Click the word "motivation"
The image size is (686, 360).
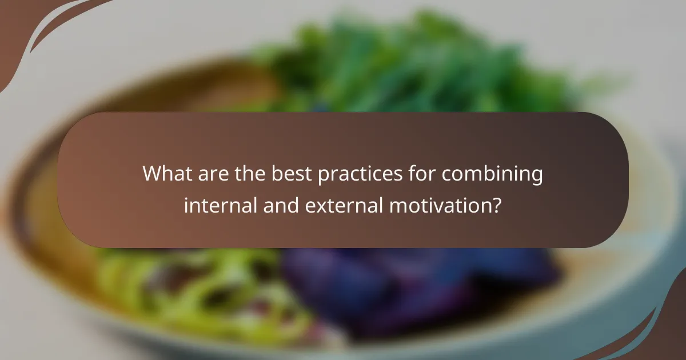437,205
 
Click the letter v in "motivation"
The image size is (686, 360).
435,205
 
